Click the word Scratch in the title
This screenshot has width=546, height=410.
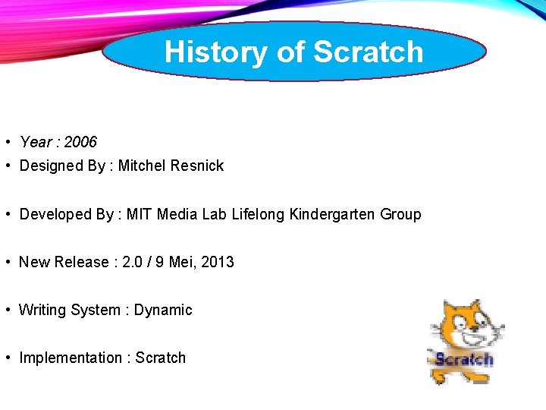[368, 52]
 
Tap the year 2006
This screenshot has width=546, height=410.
[80, 142]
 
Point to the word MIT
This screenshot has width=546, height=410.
[139, 214]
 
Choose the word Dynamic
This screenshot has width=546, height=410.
[163, 310]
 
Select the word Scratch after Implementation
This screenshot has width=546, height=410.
[161, 358]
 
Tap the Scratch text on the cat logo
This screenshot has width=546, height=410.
[463, 358]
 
